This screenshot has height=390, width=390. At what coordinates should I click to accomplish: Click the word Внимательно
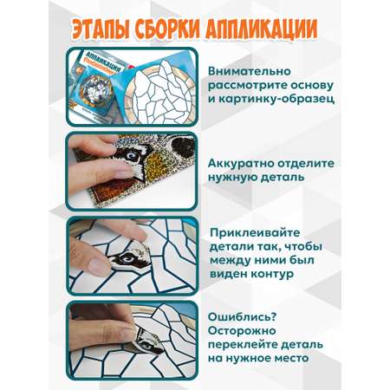coord(250,71)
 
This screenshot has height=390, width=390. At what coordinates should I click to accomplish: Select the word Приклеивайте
coord(255,233)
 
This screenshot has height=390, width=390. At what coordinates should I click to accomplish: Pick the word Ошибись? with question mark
coord(242,317)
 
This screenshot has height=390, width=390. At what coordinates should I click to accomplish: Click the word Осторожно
coord(242,330)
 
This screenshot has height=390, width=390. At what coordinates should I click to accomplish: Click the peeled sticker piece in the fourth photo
coord(149,338)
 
